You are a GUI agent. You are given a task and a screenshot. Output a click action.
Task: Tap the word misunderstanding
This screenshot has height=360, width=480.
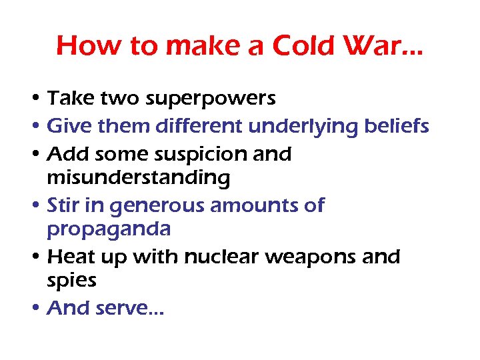point(138,178)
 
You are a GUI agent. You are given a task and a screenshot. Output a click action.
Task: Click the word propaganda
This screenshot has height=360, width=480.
point(109,229)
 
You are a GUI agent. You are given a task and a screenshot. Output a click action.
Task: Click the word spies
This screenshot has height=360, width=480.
point(71,281)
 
